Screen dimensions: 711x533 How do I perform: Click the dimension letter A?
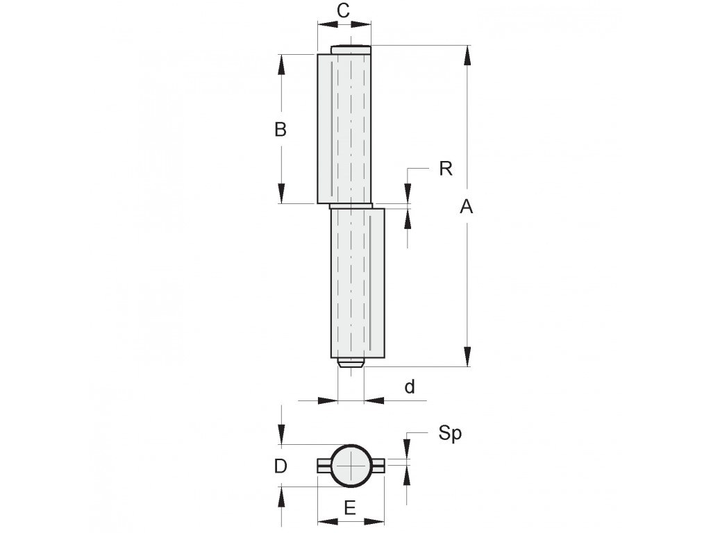pyautogui.click(x=466, y=207)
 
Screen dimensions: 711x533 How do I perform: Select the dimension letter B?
pyautogui.click(x=281, y=129)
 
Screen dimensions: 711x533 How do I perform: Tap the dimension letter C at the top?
pyautogui.click(x=344, y=10)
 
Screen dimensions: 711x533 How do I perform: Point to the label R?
pyautogui.click(x=446, y=169)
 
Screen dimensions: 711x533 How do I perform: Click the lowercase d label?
pyautogui.click(x=410, y=387)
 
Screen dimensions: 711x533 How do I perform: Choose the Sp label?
pyautogui.click(x=450, y=434)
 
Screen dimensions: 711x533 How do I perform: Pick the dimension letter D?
pyautogui.click(x=281, y=466)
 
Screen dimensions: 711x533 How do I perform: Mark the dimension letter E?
pyautogui.click(x=350, y=508)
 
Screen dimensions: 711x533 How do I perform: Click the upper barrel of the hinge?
pyautogui.click(x=344, y=128)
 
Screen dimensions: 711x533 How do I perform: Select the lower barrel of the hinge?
pyautogui.click(x=358, y=283)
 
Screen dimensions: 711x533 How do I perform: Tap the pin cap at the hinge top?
pyautogui.click(x=351, y=49)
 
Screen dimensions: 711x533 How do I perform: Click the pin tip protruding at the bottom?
pyautogui.click(x=351, y=362)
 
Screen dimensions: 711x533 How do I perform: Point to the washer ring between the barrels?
pyautogui.click(x=351, y=206)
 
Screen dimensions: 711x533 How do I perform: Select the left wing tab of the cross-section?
pyautogui.click(x=324, y=466)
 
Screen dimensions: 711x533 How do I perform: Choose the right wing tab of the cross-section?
pyautogui.click(x=378, y=466)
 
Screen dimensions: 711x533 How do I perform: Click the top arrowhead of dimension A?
pyautogui.click(x=467, y=56)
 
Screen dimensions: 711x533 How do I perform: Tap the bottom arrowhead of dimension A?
pyautogui.click(x=467, y=356)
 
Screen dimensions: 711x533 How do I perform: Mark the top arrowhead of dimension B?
pyautogui.click(x=281, y=65)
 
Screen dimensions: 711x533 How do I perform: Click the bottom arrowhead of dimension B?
pyautogui.click(x=281, y=194)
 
